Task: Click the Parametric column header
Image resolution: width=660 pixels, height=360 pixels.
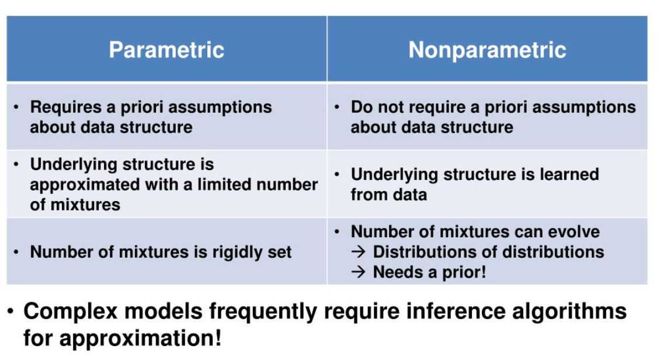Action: (166, 50)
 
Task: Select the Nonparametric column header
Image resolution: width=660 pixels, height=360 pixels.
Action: (487, 50)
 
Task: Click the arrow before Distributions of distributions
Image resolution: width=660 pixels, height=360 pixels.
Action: (358, 252)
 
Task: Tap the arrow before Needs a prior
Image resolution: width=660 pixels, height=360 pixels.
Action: (358, 272)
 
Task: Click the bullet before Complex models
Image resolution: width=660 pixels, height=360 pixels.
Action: (11, 311)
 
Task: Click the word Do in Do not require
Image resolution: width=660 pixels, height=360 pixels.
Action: (362, 108)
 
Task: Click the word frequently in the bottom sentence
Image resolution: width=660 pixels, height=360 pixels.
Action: (265, 311)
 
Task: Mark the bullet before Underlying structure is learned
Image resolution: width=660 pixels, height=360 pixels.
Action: (338, 175)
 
